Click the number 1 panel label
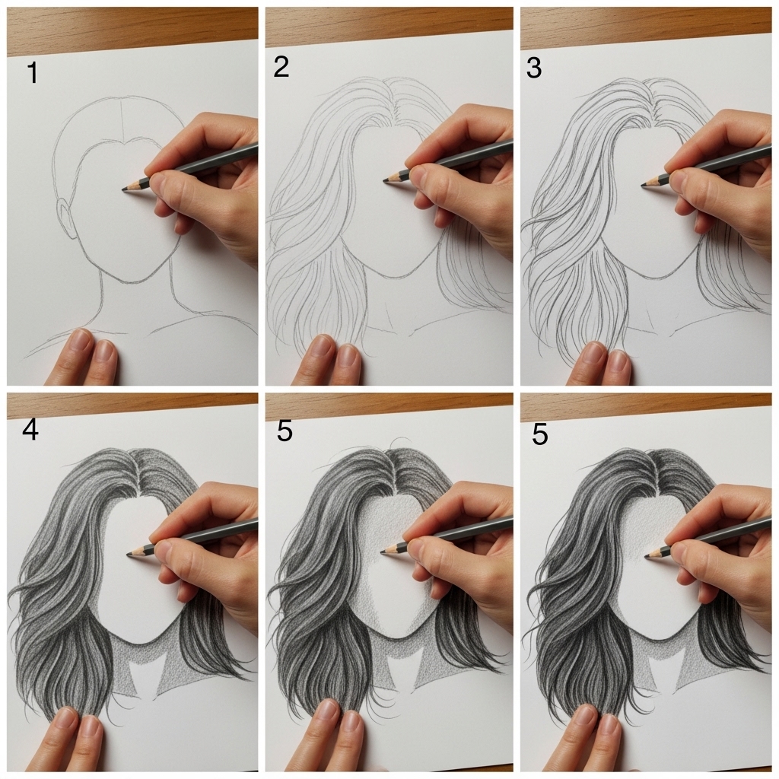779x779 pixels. pyautogui.click(x=32, y=74)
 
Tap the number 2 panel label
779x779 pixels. pyautogui.click(x=281, y=68)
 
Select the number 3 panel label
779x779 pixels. pyautogui.click(x=534, y=68)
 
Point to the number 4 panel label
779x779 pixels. pyautogui.click(x=30, y=431)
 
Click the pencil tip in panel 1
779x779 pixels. pyautogui.click(x=124, y=189)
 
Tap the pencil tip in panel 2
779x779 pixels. pyautogui.click(x=384, y=180)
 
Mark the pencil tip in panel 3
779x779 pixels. pyautogui.click(x=644, y=184)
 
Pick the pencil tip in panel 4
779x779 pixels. pyautogui.click(x=129, y=553)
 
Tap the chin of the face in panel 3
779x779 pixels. pyautogui.click(x=651, y=276)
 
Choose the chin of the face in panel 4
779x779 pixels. pyautogui.click(x=141, y=641)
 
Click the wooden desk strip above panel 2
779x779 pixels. pyautogui.click(x=388, y=21)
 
